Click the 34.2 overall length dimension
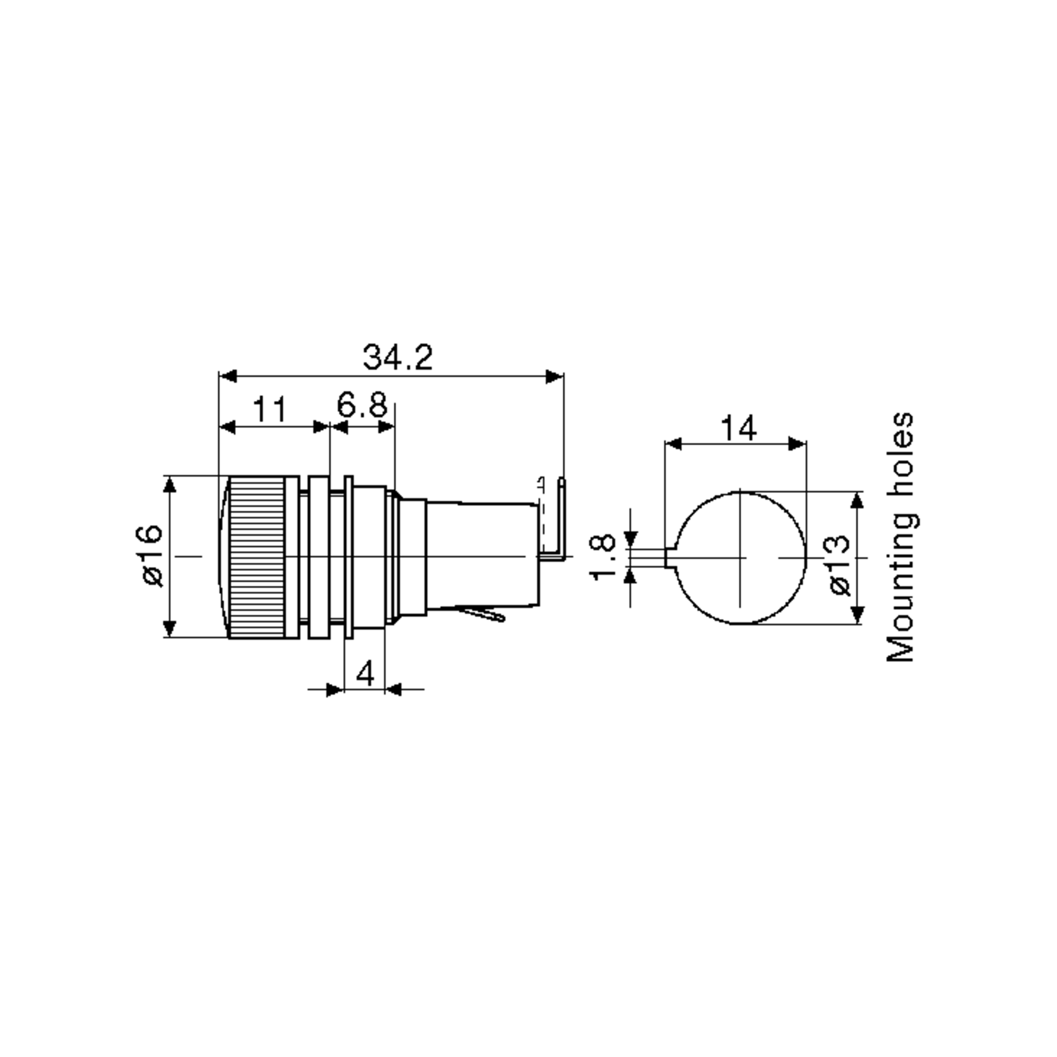point(398,357)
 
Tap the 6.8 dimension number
point(362,405)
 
